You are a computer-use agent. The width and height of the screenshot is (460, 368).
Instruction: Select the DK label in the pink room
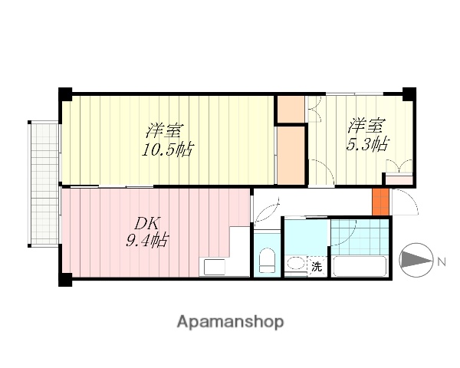(x=147, y=224)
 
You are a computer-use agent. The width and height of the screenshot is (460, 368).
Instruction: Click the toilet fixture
(x=268, y=262)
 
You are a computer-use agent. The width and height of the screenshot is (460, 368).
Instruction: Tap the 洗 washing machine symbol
(x=317, y=268)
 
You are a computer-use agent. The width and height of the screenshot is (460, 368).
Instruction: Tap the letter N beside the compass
(x=442, y=262)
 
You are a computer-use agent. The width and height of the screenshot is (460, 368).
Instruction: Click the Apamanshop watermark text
(x=230, y=322)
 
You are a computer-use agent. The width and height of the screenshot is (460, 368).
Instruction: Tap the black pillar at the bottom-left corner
(x=66, y=280)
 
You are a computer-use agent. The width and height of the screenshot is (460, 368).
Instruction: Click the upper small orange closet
(x=291, y=108)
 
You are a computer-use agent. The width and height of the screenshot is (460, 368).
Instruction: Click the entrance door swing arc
(x=403, y=202)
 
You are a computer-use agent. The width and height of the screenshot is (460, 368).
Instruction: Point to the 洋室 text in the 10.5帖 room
(x=166, y=130)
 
